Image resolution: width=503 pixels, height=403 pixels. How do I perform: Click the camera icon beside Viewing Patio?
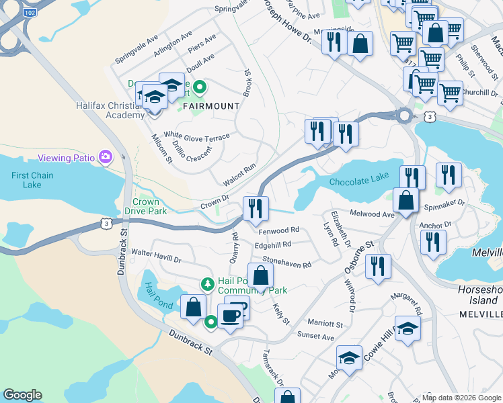106,157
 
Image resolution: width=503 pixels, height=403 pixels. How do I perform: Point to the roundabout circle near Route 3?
404,116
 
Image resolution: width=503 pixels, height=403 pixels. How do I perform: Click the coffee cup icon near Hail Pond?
230,315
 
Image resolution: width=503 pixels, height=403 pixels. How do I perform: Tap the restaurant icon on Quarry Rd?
255,208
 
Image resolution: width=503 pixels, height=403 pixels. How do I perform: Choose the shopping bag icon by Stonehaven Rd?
260,275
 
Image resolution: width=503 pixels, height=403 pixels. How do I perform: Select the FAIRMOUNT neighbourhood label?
210,106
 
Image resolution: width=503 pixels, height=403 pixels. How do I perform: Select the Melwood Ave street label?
371,214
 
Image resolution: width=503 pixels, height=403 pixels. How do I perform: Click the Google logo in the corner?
22,395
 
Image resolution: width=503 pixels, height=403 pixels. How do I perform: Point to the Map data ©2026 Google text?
461,398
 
